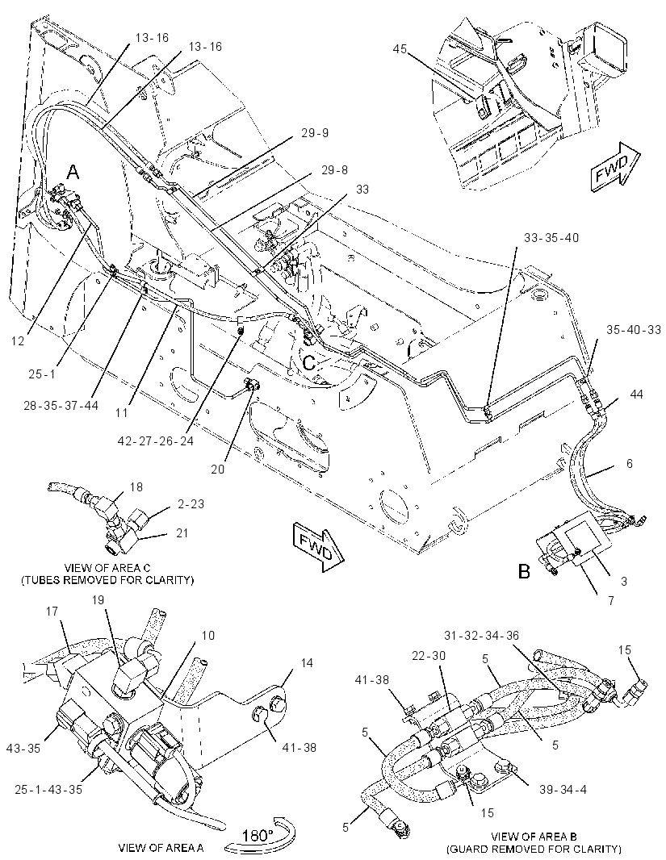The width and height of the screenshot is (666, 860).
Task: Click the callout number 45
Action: point(400,49)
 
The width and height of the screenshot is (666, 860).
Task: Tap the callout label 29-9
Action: point(315,133)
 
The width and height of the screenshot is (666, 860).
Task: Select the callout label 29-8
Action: point(335,170)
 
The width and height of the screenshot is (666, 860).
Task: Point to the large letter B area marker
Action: point(525,571)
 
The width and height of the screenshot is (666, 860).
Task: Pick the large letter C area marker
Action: point(310,363)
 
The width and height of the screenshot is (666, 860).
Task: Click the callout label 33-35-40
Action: point(551,238)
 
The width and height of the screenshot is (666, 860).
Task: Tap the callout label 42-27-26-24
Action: point(157,440)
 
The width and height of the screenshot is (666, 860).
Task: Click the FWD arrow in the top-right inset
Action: point(614,167)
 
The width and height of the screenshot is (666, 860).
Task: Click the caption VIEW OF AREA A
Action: point(161,847)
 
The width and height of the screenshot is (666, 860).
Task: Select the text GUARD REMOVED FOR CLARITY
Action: point(534,850)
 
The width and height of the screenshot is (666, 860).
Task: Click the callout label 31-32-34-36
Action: point(482,636)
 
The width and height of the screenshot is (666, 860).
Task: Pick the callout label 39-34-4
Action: point(563,790)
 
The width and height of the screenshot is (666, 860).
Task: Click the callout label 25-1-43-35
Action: point(48,790)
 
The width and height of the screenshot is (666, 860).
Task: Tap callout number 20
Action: point(218,470)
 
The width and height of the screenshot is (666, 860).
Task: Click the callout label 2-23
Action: point(191,503)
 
